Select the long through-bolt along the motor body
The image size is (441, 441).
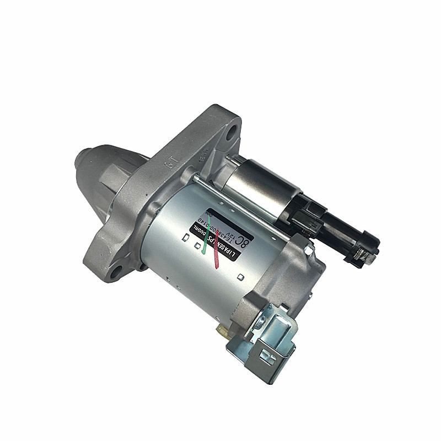click(243, 205)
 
